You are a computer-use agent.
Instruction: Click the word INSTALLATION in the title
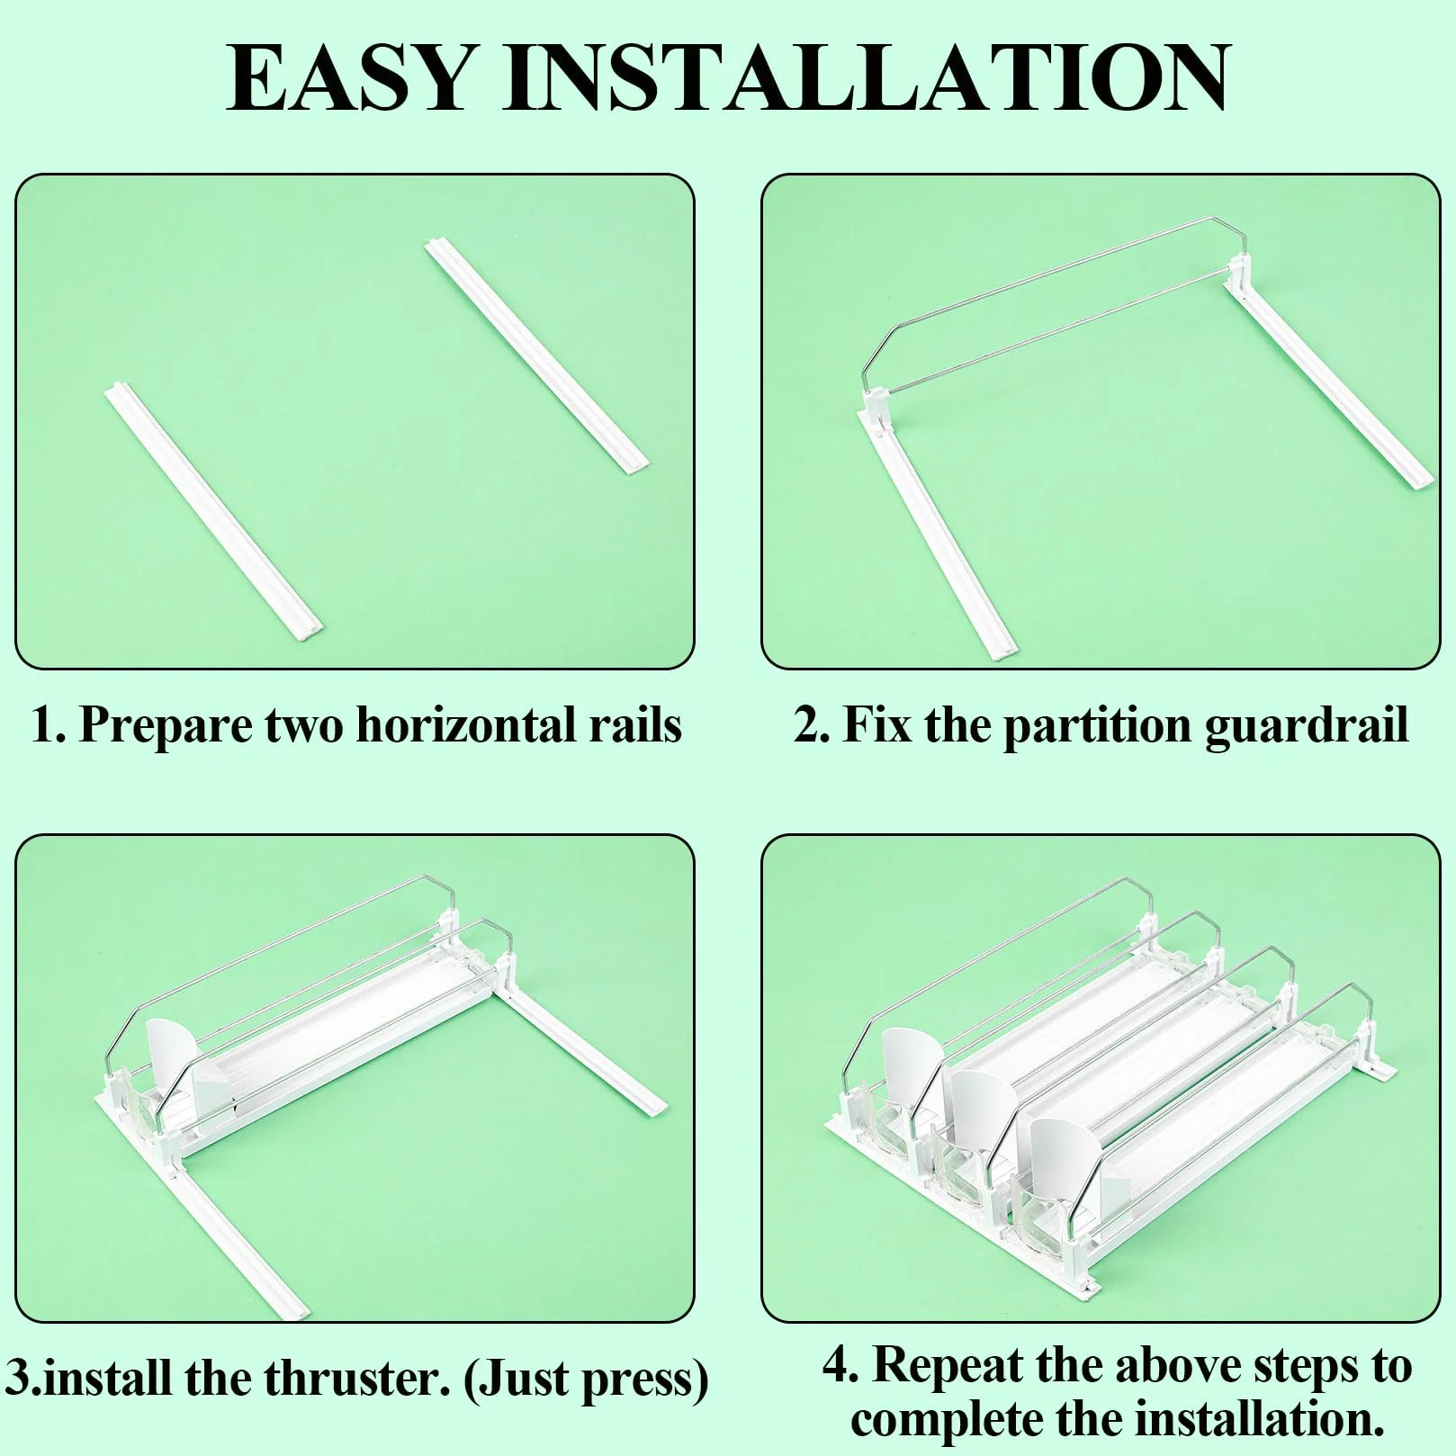tap(867, 78)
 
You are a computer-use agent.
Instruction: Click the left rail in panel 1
tap(214, 513)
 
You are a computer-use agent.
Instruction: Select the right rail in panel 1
tap(537, 355)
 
